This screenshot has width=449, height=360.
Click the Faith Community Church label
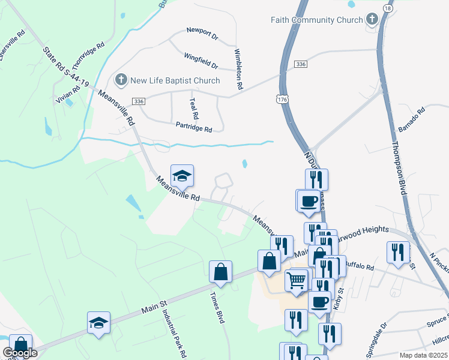[316, 20]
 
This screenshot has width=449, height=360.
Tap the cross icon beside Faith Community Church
[372, 20]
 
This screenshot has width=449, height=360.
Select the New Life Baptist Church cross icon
[120, 80]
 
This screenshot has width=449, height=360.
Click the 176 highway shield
[282, 97]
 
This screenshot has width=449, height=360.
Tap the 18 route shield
[388, 9]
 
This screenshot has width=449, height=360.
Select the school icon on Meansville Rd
[182, 176]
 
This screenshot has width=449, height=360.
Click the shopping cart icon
[297, 279]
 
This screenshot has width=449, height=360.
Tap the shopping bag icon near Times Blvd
[221, 271]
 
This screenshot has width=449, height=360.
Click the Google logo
[20, 353]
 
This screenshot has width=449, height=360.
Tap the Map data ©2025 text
[423, 355]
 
